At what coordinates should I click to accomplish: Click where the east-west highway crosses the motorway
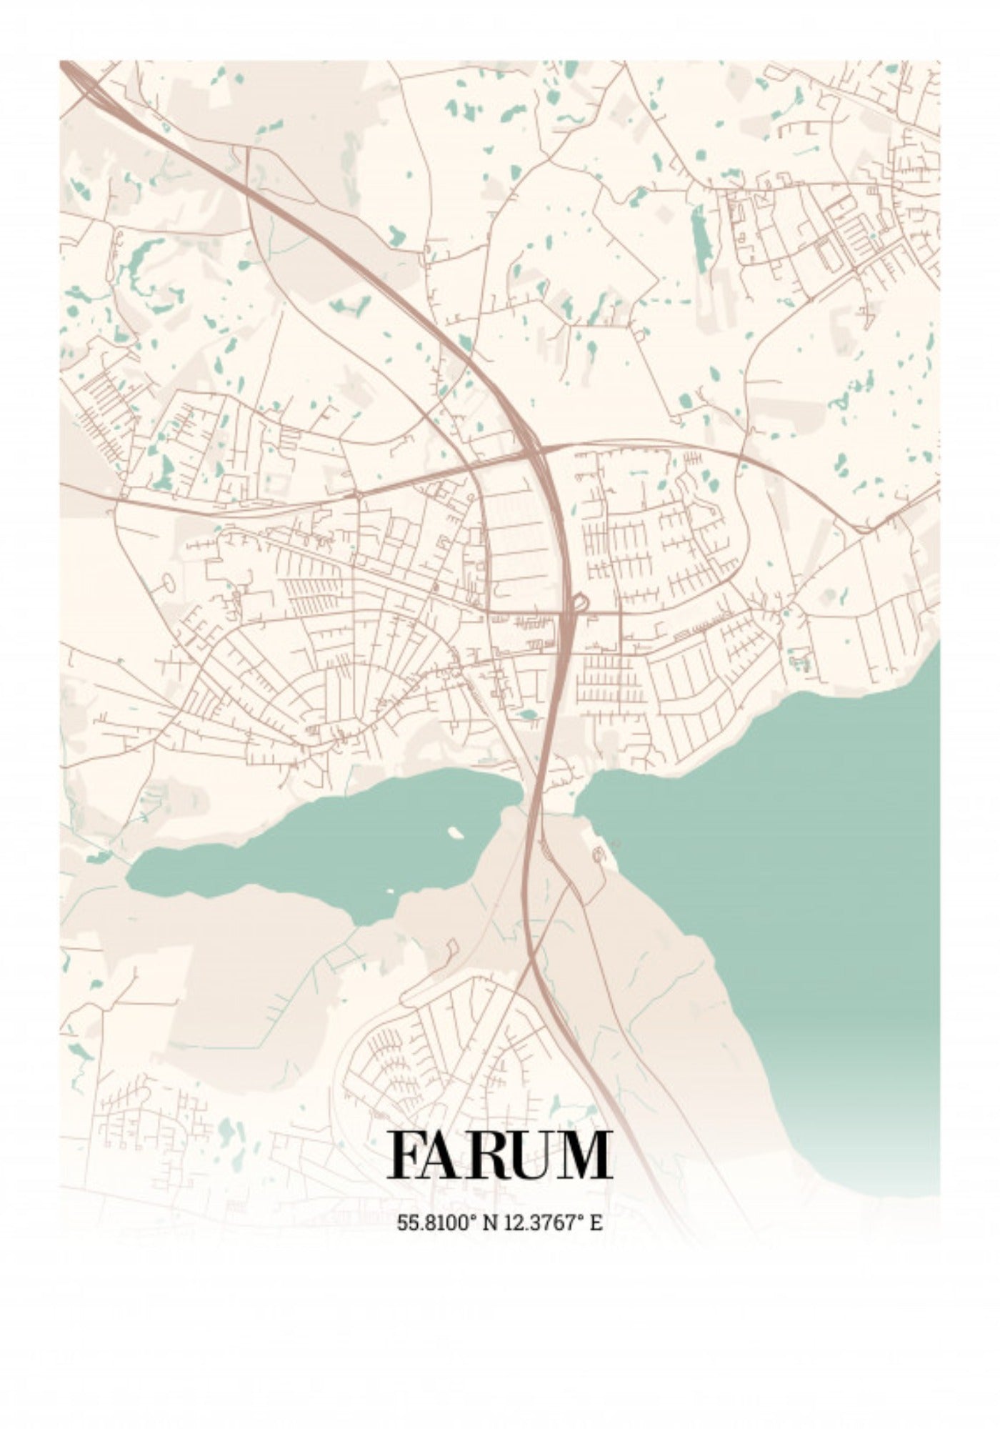tap(532, 450)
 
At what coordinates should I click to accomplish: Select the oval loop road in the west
tap(169, 583)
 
